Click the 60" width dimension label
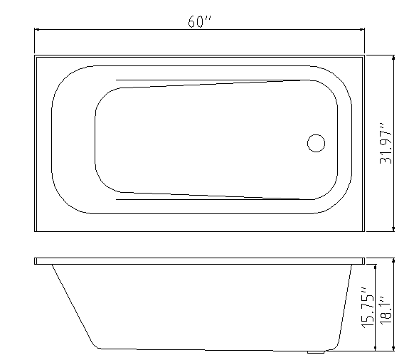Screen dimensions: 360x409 click(x=200, y=21)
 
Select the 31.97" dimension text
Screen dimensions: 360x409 click(x=386, y=143)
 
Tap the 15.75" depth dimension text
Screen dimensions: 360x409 click(x=367, y=307)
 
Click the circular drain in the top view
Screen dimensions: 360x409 click(x=316, y=143)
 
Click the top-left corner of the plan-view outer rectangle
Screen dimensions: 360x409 click(x=34, y=55)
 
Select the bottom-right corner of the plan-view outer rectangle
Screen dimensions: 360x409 click(x=364, y=231)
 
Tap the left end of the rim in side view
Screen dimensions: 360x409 click(x=36, y=261)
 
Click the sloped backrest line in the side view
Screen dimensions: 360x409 click(x=73, y=306)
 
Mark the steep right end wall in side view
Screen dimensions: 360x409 click(x=344, y=306)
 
